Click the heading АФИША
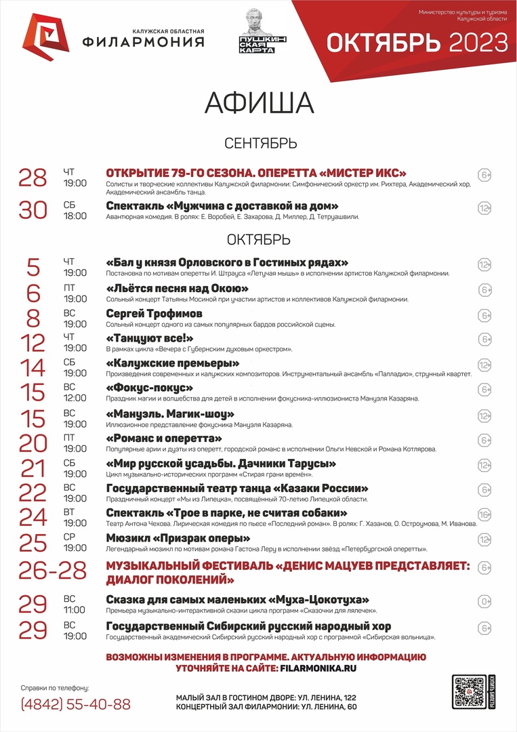(259, 103)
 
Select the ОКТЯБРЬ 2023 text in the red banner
(416, 43)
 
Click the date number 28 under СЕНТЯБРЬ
(32, 178)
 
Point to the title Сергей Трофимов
(154, 314)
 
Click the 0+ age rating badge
(484, 601)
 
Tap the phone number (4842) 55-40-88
(76, 704)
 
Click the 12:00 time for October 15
(75, 398)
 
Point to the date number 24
(32, 517)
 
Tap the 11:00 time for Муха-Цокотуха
(75, 609)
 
